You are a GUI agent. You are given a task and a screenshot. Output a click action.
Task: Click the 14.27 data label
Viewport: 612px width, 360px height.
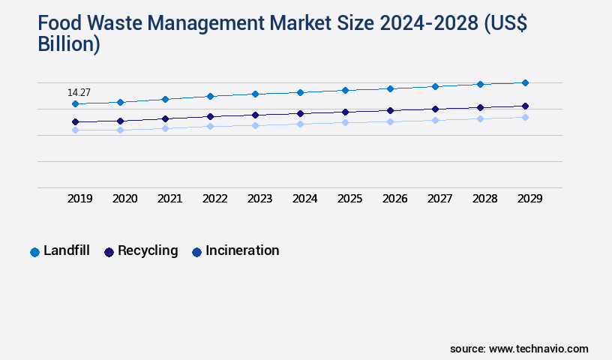pos(79,93)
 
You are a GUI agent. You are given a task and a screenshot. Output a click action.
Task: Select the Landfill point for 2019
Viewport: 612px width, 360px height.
pos(75,104)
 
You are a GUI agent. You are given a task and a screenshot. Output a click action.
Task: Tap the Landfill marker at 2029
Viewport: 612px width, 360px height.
pos(525,82)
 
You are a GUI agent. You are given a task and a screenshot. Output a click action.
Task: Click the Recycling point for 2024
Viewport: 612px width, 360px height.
pos(300,114)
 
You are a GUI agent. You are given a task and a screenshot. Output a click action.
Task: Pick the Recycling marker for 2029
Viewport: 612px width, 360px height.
pos(525,106)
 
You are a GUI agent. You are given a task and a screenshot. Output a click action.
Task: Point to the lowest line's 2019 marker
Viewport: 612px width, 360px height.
pos(75,130)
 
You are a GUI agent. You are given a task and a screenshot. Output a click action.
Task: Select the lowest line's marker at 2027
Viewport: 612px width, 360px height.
pos(435,120)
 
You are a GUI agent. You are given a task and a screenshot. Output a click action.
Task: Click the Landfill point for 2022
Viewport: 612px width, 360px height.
pos(210,96)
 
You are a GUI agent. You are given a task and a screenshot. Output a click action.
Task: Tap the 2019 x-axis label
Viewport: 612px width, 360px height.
pos(80,199)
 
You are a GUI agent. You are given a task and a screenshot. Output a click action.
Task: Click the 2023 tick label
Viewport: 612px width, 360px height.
pos(260,199)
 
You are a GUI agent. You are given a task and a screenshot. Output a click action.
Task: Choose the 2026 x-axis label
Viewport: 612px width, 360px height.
pos(395,199)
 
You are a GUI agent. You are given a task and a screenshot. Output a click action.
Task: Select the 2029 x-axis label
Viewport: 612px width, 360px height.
pos(530,199)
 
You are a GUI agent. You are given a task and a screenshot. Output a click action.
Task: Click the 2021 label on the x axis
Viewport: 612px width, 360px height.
pos(170,199)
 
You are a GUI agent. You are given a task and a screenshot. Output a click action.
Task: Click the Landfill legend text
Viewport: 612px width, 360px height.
pos(67,251)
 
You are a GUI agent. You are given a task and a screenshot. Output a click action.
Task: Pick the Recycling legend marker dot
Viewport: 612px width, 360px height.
pos(109,252)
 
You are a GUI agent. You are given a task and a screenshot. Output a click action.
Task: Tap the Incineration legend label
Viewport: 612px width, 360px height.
pos(242,251)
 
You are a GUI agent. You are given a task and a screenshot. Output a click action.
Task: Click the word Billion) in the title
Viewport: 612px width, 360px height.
pos(69,44)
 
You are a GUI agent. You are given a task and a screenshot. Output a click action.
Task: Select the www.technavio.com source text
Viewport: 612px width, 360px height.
pos(538,349)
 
